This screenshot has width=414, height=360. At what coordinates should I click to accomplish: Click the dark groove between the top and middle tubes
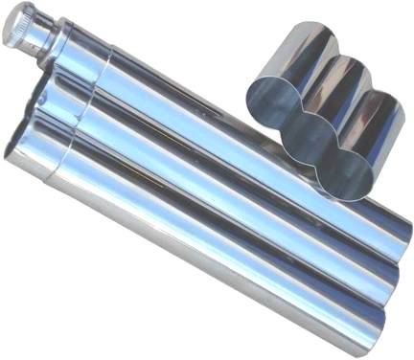click(x=240, y=178)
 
